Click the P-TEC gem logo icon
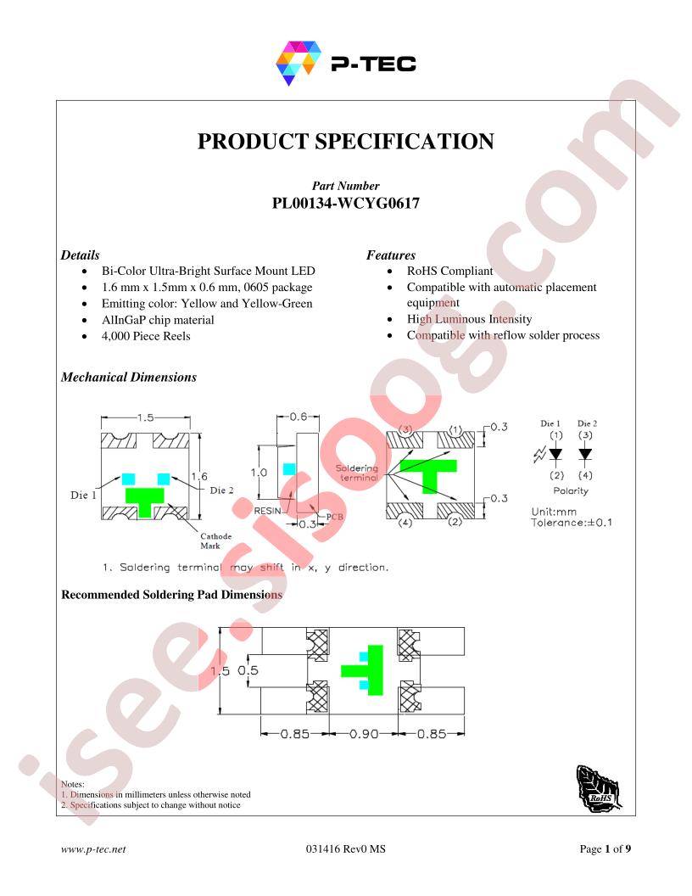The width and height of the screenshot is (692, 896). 299,63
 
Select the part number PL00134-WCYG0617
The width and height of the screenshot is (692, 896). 345,204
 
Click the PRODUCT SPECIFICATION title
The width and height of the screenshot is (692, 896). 345,142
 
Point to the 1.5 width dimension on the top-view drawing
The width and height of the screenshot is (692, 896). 146,417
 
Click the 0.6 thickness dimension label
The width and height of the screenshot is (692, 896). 298,417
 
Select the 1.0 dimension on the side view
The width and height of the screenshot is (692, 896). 259,473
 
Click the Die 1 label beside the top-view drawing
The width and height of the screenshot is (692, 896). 83,495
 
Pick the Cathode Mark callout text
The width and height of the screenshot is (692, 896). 215,540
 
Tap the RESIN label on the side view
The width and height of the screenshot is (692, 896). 268,511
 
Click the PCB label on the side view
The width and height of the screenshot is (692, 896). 335,517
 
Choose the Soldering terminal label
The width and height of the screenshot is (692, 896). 357,473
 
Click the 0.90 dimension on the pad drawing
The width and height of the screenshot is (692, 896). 364,733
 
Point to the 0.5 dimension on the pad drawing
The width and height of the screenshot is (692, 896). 248,669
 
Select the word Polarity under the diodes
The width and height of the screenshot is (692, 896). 571,491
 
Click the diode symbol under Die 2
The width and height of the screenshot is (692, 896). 585,454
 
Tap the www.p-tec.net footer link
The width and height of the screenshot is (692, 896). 93,849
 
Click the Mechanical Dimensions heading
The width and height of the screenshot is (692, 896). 129,377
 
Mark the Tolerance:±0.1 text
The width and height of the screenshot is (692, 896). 572,523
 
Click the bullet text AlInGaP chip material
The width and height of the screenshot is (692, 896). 158,320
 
